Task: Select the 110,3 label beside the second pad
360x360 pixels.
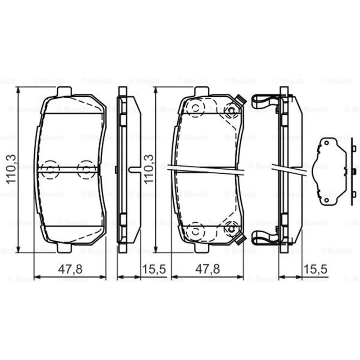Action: (149, 169)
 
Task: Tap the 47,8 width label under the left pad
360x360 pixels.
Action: (70, 269)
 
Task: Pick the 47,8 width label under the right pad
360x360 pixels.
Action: (207, 269)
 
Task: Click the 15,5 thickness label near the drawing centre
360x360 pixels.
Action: (154, 269)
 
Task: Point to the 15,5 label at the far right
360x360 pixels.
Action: (315, 269)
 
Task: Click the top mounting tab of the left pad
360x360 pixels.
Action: (64, 91)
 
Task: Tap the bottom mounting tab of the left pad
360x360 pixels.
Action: (64, 248)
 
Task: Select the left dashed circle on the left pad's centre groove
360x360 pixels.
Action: (50, 170)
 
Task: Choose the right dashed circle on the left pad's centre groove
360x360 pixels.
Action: (86, 170)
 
